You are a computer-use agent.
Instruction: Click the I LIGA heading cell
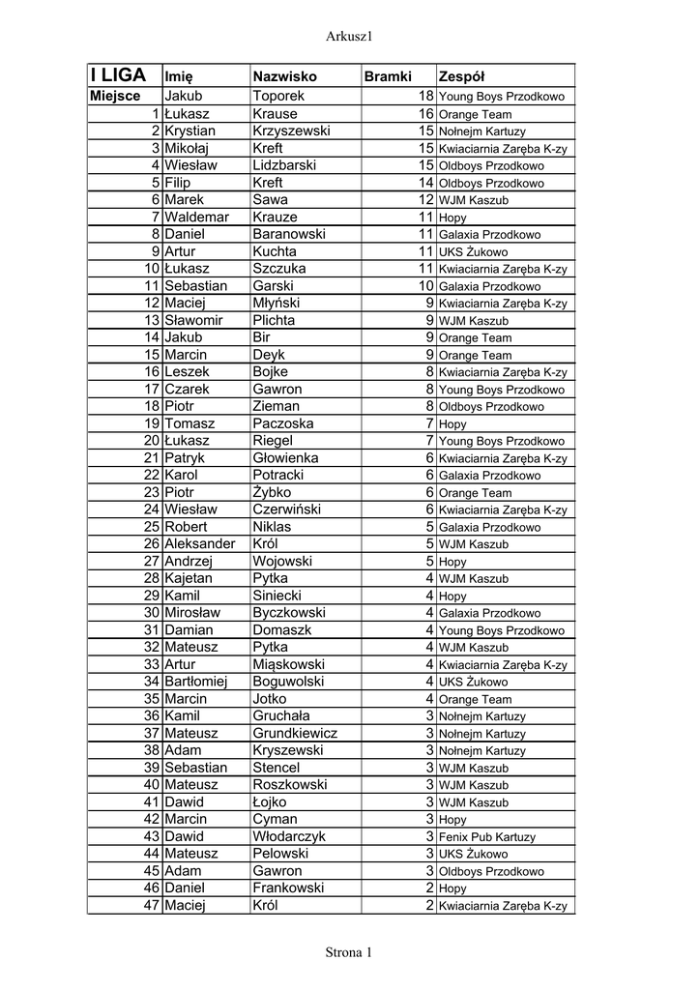118,74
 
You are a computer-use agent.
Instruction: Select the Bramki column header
387,76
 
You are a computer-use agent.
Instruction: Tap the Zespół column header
461,76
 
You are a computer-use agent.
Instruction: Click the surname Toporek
277,97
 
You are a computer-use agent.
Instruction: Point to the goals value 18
425,97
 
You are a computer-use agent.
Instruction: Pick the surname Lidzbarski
284,165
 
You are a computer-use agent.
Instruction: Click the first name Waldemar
196,218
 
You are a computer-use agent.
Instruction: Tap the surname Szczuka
278,269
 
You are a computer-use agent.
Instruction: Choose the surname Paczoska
282,423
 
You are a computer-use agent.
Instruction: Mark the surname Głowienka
285,458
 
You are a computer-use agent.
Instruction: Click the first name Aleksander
200,544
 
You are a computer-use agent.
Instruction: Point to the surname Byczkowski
289,613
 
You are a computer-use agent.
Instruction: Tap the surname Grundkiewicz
295,734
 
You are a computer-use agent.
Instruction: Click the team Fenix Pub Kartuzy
486,837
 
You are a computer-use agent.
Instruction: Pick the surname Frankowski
288,888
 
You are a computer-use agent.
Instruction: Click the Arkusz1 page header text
350,36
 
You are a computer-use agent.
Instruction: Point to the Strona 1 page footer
349,952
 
